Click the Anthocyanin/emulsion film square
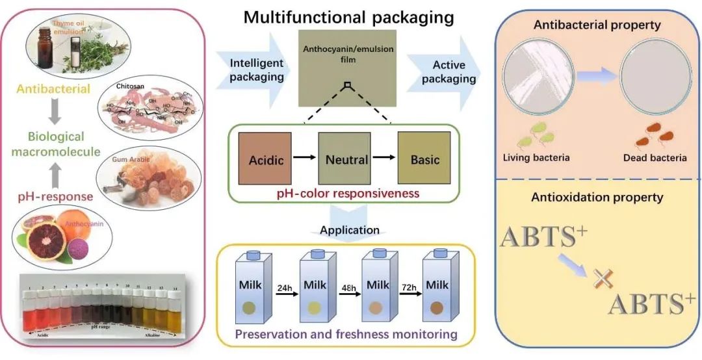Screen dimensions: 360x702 tap(348, 68)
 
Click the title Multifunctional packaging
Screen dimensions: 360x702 tap(348, 17)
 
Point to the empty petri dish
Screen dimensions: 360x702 tap(652, 75)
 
